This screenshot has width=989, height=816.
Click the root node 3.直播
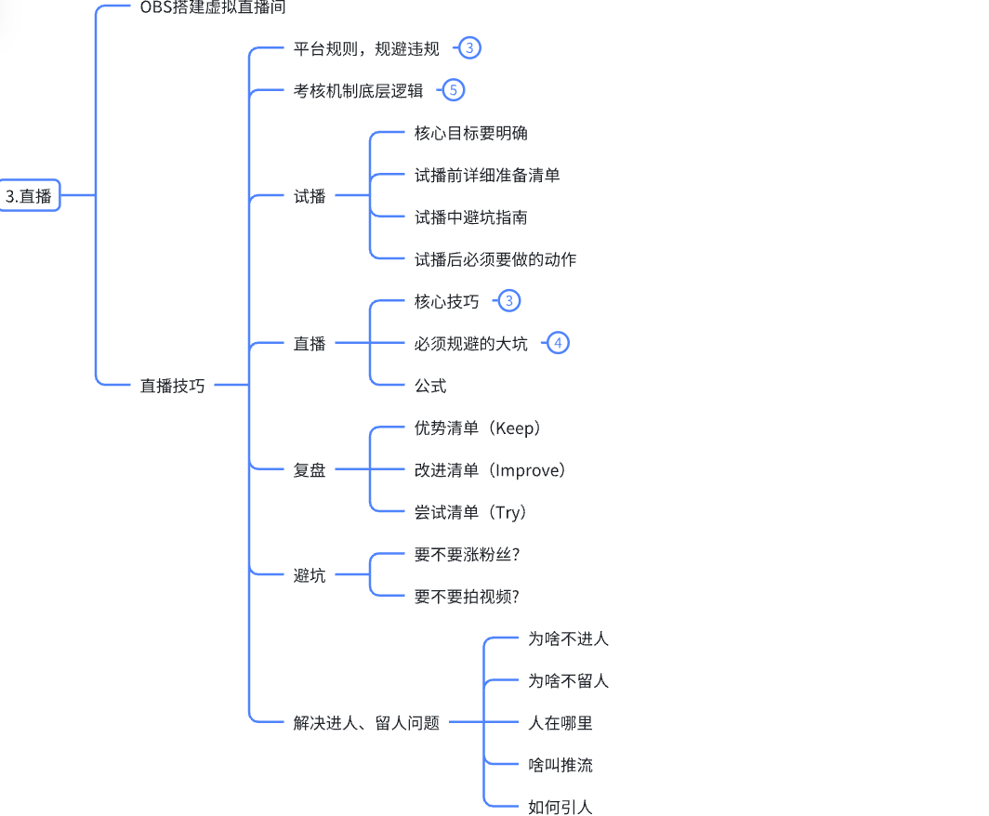[28, 196]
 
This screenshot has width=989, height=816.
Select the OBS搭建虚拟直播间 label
[212, 7]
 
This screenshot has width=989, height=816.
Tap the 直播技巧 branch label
[172, 386]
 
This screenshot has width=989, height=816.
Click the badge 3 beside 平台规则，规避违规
[470, 48]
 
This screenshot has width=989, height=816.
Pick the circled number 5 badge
[453, 90]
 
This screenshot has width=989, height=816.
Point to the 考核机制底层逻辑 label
[358, 91]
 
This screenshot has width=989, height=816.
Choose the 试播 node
[310, 196]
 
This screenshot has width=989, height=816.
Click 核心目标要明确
[470, 133]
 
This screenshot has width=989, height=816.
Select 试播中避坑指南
[470, 217]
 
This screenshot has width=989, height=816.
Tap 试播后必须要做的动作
[494, 259]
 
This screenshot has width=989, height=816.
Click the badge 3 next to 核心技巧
[508, 301]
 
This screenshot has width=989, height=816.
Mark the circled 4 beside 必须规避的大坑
[558, 343]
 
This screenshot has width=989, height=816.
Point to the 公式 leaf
[430, 386]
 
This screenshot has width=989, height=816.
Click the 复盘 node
[310, 470]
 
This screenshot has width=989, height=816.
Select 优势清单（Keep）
[478, 428]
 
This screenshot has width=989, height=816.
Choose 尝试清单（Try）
[470, 512]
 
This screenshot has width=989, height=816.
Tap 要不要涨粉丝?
[467, 555]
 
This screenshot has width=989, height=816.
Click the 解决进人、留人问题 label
[366, 723]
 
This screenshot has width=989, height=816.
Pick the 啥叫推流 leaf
[560, 765]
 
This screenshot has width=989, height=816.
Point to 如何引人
[560, 807]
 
